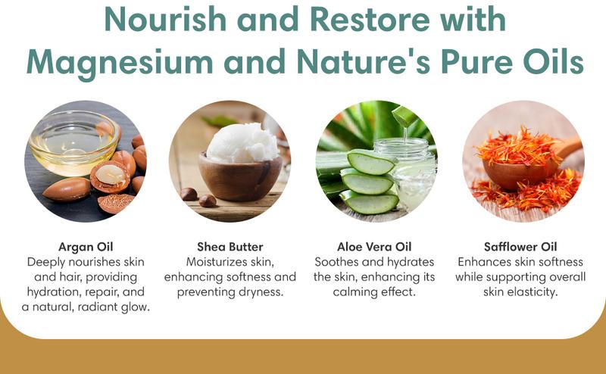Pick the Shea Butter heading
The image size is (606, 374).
230,246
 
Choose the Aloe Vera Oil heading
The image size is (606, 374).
375,246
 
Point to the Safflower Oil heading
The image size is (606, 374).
520,246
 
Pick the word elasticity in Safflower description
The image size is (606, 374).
534,291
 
